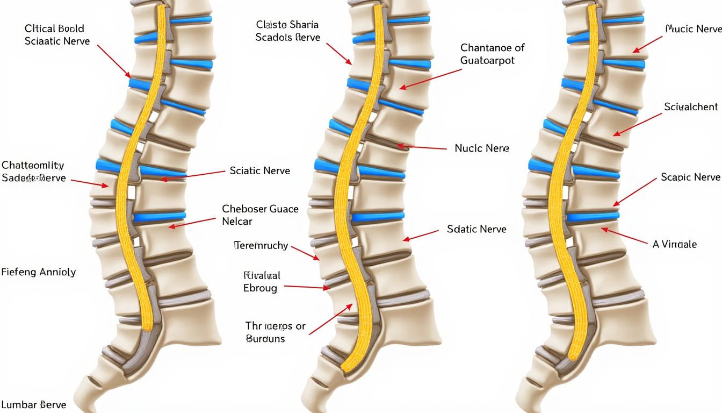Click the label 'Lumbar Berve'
33,404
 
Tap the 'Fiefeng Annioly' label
38,272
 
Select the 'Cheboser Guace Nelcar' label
260,215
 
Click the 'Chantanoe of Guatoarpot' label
492,54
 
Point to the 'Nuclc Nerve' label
482,148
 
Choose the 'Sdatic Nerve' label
476,229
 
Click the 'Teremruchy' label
261,246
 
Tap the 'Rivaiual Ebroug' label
262,282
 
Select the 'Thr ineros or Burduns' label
275,332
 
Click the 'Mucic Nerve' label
693,29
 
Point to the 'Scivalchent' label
690,107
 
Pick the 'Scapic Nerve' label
690,177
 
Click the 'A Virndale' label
674,244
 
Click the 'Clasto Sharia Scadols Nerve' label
287,31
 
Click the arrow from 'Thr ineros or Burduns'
330,319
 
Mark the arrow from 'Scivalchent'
638,124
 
